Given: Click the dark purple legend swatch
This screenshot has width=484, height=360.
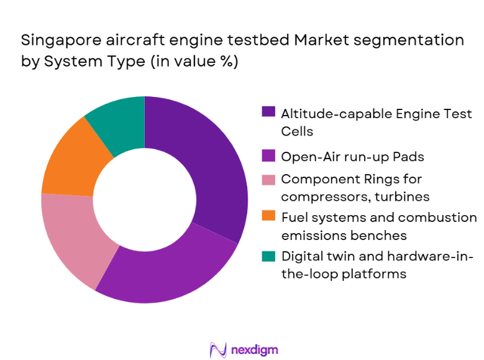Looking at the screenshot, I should tap(268, 113).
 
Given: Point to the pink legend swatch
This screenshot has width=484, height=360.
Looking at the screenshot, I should tap(268, 178).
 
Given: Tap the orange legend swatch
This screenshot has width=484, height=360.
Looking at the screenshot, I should tap(268, 216).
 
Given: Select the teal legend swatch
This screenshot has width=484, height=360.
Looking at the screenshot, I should tap(268, 254).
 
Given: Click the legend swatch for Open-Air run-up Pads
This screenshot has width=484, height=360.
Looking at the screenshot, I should tap(268, 155).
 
